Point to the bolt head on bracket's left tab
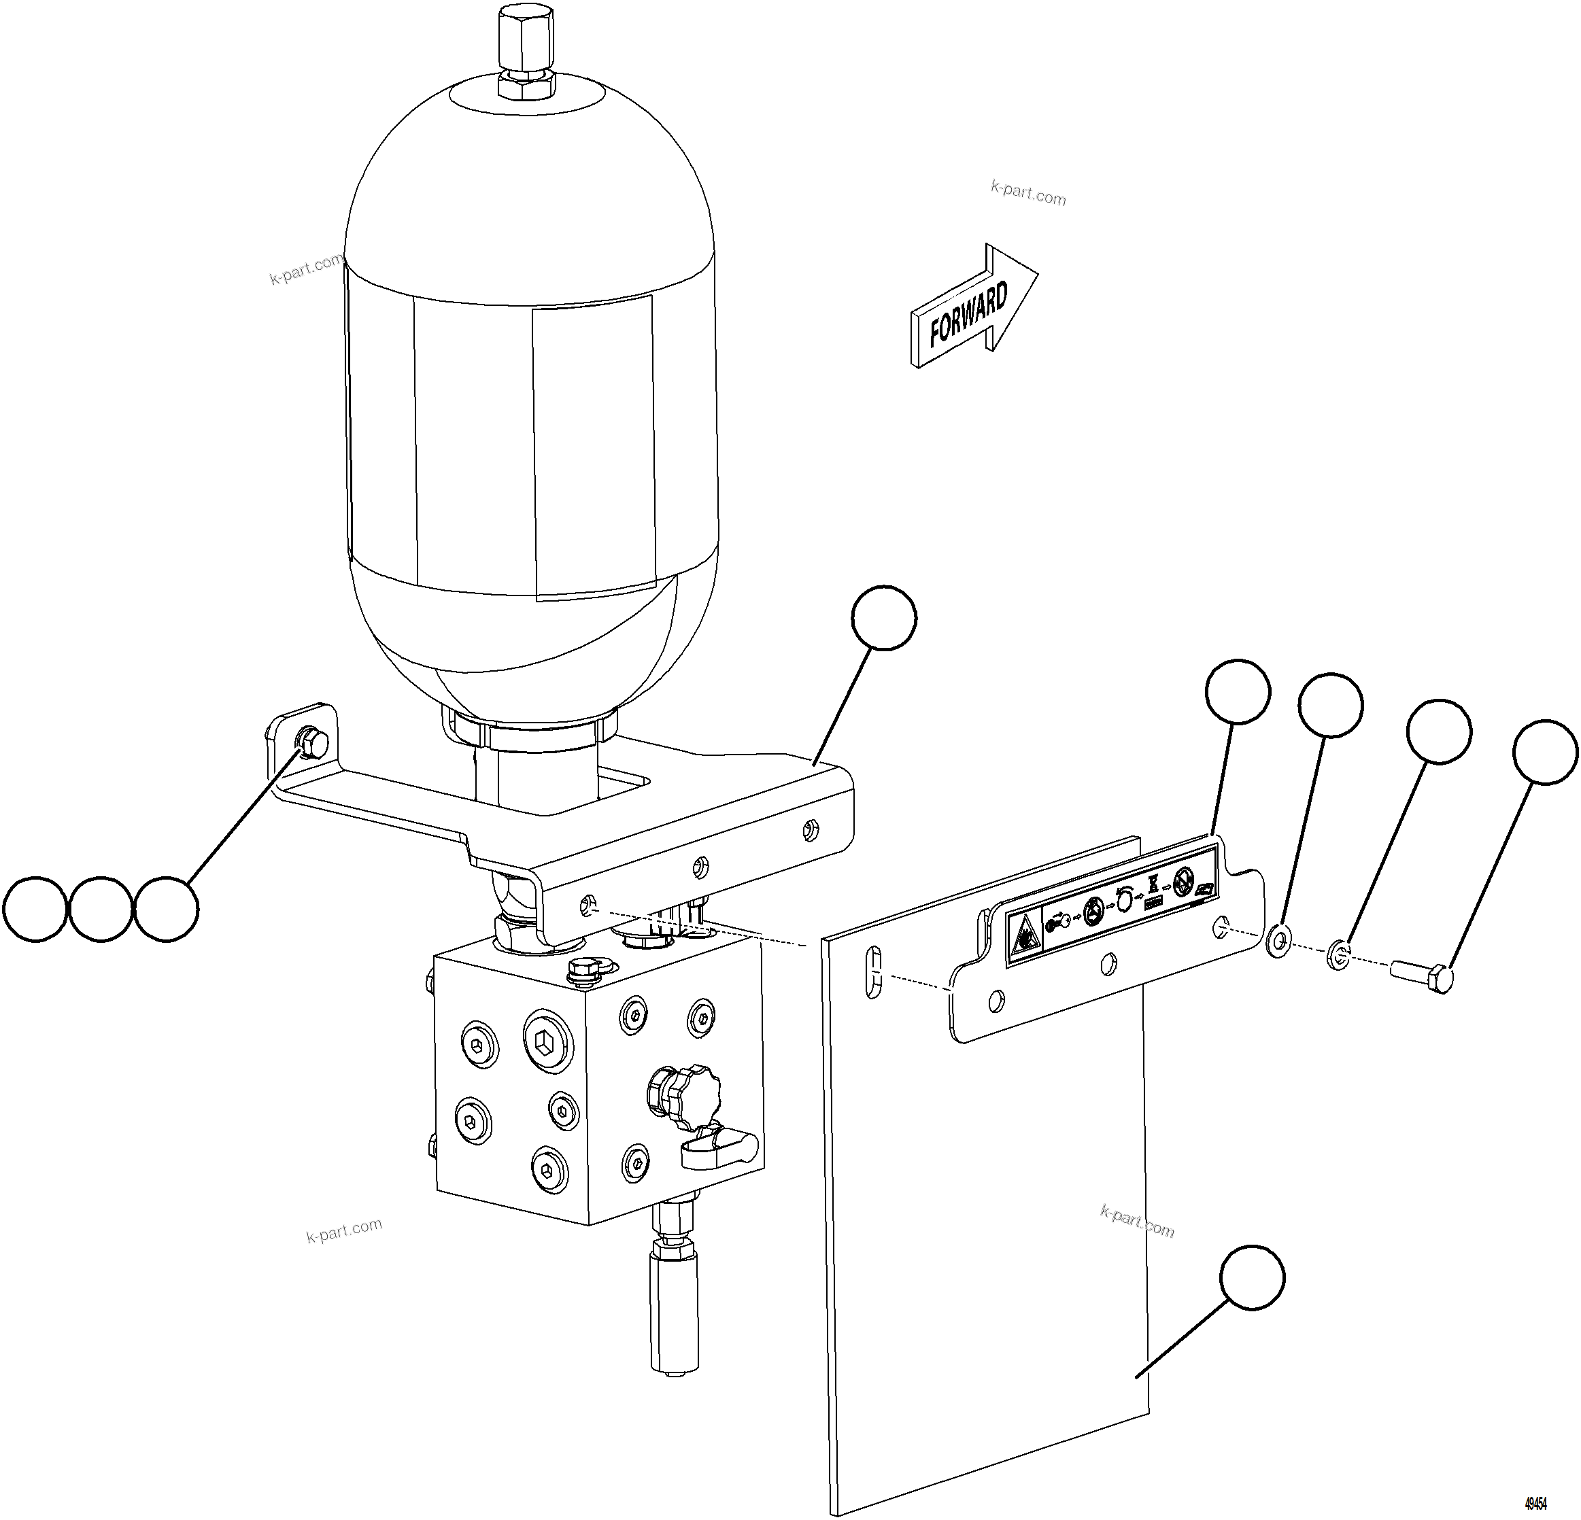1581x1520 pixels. (311, 741)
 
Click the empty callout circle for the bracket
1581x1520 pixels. (884, 619)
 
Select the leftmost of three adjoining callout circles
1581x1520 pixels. (35, 909)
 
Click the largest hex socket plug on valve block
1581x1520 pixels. (547, 1041)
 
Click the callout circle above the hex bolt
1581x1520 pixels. (1545, 753)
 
